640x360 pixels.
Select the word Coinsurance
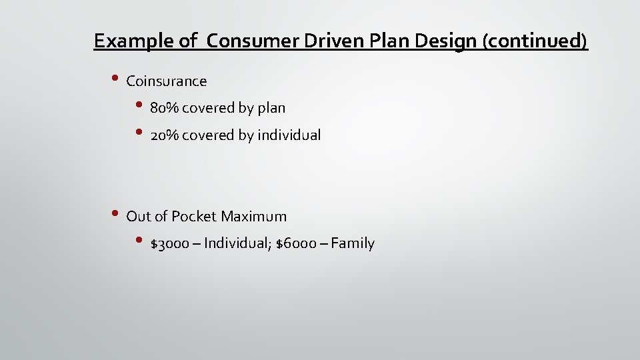tap(167, 81)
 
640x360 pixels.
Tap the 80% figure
tap(164, 108)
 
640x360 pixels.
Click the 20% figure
tap(164, 135)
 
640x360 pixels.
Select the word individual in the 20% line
tap(289, 135)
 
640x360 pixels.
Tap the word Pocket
tap(194, 217)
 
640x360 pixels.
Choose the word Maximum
tap(253, 217)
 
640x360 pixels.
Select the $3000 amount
tap(170, 244)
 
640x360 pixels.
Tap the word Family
tap(353, 244)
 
